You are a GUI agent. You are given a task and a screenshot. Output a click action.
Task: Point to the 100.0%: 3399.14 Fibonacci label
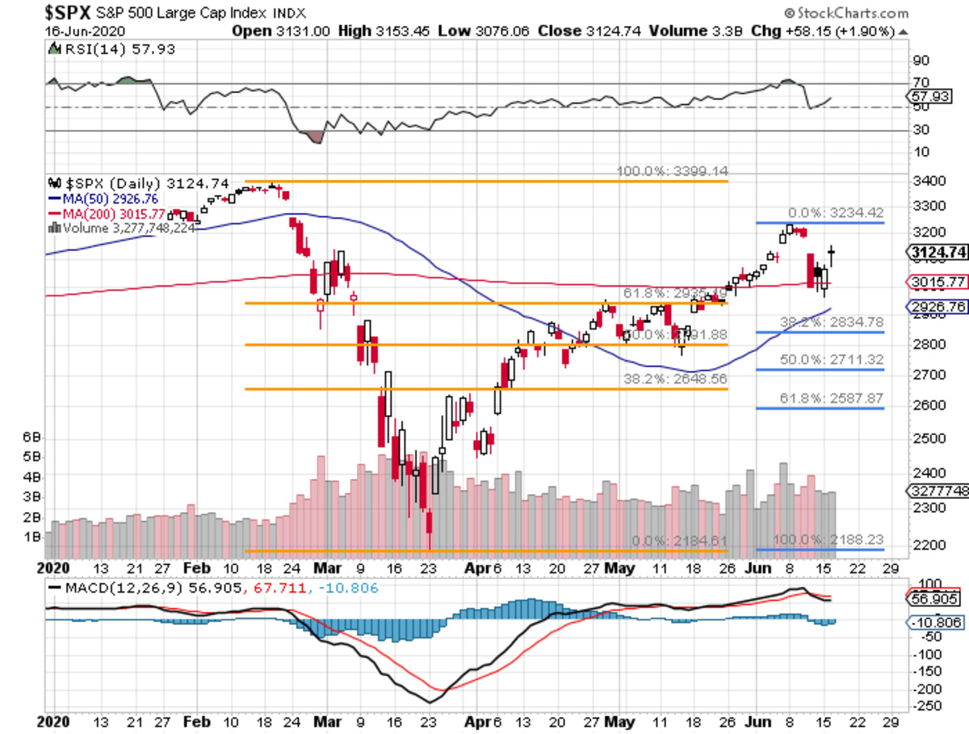(x=673, y=172)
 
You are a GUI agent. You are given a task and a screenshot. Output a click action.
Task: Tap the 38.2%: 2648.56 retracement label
(x=675, y=379)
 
